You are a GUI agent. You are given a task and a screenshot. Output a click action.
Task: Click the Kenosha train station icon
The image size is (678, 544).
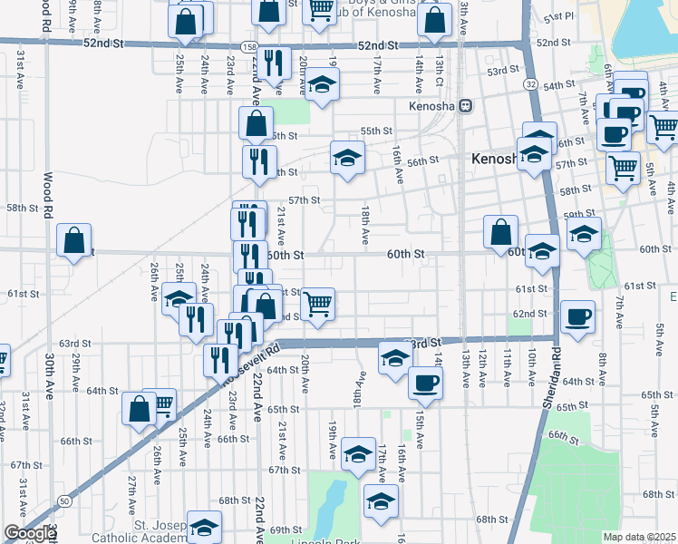point(466,105)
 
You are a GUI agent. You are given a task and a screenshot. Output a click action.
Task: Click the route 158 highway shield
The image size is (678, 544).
point(247,45)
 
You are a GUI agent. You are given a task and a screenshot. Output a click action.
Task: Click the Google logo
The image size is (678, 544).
point(29,533)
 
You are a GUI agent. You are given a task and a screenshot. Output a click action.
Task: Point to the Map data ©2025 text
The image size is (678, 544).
point(640,537)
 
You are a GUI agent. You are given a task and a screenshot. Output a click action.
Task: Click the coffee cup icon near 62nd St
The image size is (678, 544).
point(577,317)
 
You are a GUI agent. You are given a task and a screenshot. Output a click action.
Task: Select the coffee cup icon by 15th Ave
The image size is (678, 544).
point(424,383)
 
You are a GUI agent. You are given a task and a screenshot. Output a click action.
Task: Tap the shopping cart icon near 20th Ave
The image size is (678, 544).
point(317,305)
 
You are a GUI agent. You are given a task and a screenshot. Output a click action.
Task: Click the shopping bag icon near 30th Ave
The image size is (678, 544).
point(74,241)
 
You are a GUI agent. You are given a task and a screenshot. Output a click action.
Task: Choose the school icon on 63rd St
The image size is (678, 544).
point(393,358)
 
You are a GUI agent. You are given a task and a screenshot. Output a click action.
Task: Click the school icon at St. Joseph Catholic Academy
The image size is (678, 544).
point(205,527)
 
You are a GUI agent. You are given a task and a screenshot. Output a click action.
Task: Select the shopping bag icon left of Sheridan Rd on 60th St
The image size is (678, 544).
point(500,232)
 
